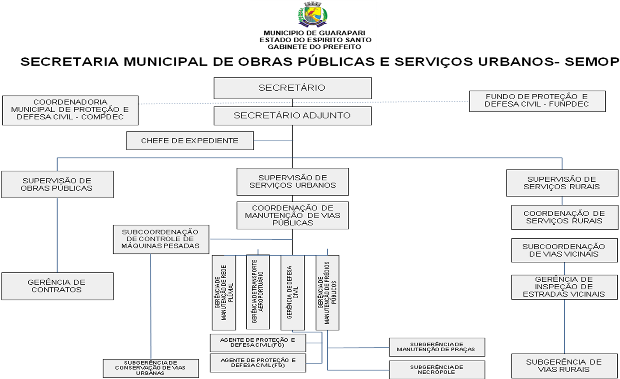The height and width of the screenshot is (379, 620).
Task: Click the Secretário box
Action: pyautogui.click(x=292, y=88)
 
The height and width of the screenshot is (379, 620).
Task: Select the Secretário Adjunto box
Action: pyautogui.click(x=292, y=115)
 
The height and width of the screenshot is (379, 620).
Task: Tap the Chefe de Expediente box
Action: pyautogui.click(x=190, y=140)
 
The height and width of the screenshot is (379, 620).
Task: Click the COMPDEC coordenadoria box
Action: pyautogui.click(x=70, y=110)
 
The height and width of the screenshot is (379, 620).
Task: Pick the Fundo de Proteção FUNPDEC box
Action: pyautogui.click(x=537, y=101)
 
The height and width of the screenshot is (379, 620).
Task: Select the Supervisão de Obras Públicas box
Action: pyautogui.click(x=57, y=184)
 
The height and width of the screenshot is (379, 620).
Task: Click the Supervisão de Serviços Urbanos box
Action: pyautogui.click(x=293, y=182)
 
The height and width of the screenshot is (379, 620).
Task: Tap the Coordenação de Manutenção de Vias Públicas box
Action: pyautogui.click(x=293, y=215)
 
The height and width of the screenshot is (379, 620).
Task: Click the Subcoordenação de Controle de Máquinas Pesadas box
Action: pyautogui.click(x=160, y=239)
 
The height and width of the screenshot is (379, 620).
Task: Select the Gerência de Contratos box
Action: pyautogui.click(x=57, y=286)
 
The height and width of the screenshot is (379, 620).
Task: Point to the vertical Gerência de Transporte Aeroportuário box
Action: pyautogui.click(x=258, y=292)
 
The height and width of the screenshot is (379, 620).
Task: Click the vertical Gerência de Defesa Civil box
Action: pyautogui.click(x=293, y=292)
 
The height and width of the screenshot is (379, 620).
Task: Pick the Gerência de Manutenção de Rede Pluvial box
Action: pyautogui.click(x=224, y=292)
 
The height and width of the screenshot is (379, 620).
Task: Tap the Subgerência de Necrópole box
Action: pyautogui.click(x=437, y=370)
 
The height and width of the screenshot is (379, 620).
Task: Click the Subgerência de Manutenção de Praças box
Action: pyautogui.click(x=437, y=347)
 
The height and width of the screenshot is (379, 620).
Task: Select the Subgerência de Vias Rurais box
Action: pyautogui.click(x=564, y=366)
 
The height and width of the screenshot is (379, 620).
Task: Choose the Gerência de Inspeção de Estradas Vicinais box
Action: pyautogui.click(x=564, y=287)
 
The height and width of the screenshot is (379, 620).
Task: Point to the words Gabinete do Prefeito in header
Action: pyautogui.click(x=314, y=47)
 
